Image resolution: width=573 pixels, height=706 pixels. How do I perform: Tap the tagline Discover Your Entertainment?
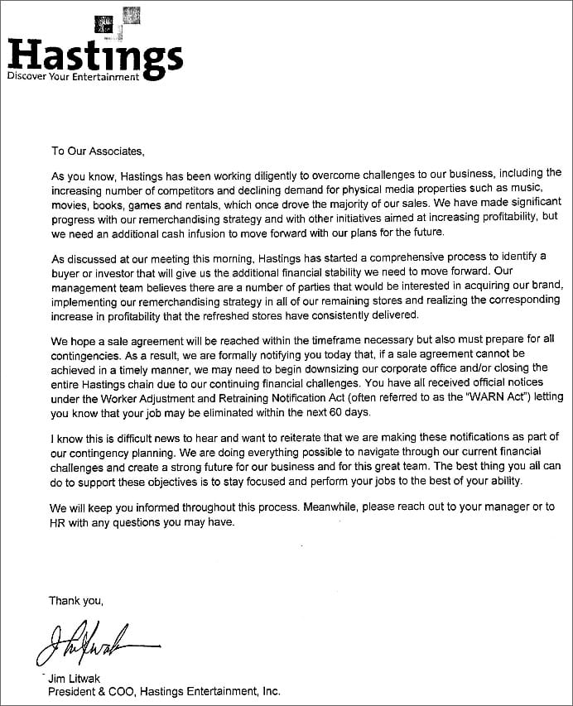click(73, 77)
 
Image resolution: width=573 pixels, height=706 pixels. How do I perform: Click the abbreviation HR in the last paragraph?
click(59, 522)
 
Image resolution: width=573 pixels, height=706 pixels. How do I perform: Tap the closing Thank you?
click(76, 601)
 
